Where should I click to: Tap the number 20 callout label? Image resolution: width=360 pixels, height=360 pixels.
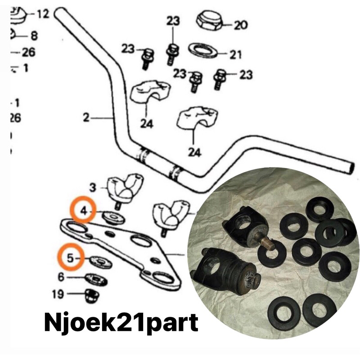(241, 25)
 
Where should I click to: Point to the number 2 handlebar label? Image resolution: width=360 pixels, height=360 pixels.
(86, 118)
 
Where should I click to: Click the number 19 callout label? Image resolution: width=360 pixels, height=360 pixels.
(58, 295)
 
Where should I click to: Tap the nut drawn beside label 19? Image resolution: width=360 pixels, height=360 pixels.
(93, 296)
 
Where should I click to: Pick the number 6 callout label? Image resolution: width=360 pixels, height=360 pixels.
(61, 277)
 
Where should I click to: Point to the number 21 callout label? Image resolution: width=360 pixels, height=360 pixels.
(235, 55)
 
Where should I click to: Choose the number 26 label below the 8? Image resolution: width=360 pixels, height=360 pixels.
(28, 52)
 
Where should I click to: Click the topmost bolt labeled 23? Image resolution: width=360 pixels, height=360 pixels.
(171, 52)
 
